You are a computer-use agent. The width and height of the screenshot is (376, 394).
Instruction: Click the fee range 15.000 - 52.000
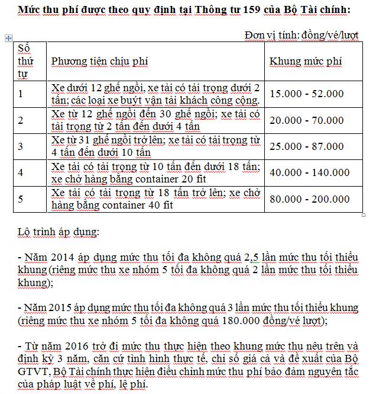coord(306,94)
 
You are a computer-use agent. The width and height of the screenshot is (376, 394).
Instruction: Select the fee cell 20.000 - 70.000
coord(306,120)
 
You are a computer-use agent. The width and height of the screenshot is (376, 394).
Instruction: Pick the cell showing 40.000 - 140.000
coord(309,173)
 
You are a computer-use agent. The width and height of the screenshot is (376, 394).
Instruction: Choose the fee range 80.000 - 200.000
coord(309,199)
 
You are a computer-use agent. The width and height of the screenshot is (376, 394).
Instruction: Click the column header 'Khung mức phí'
coord(305,62)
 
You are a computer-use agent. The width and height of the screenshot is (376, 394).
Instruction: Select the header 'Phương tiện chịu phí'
coord(99,62)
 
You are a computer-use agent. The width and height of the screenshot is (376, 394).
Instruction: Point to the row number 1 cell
coord(21,94)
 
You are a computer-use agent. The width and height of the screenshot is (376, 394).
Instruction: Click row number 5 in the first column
coord(21,199)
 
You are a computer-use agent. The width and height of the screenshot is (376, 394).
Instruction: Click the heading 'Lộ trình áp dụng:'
coord(54,229)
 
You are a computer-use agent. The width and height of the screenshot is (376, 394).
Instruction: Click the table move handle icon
coord(8,38)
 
